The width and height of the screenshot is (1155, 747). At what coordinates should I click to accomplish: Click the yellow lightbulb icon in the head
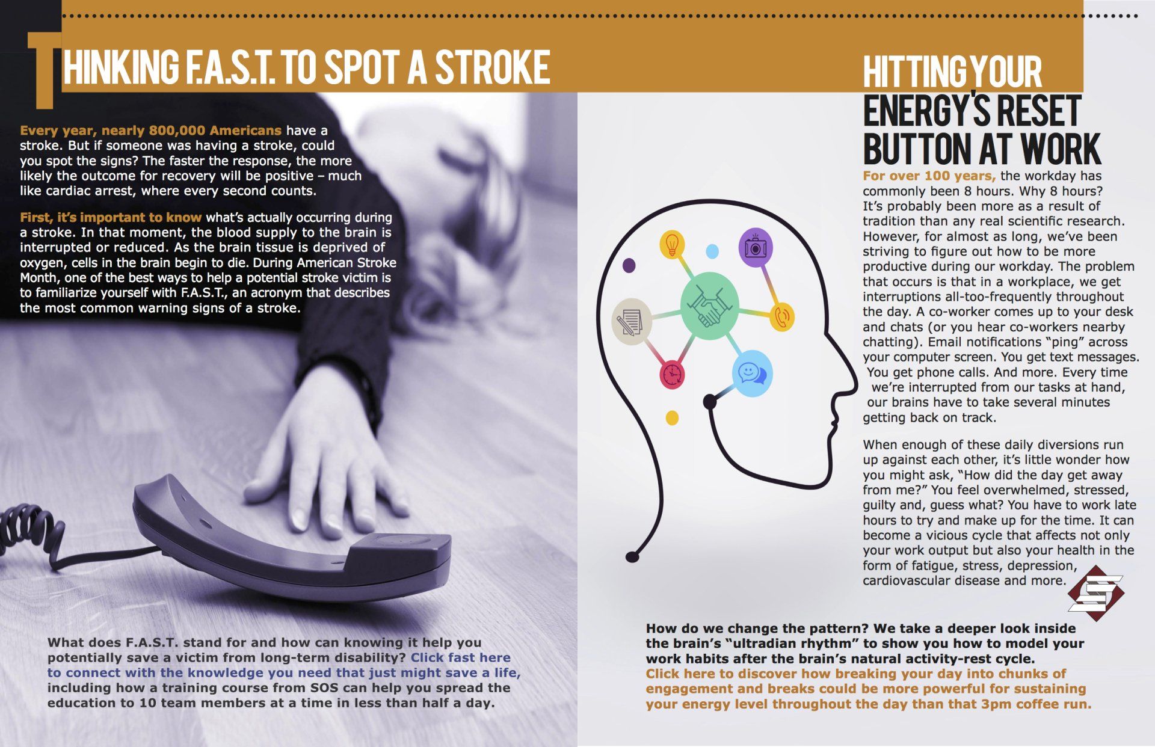673,244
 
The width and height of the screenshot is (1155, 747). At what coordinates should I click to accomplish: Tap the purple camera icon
756,247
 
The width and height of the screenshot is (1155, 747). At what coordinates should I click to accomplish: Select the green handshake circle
710,306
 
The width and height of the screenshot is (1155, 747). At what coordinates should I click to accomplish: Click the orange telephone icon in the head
782,316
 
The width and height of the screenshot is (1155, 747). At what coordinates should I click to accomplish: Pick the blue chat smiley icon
753,373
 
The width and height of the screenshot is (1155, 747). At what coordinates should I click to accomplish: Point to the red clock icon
673,373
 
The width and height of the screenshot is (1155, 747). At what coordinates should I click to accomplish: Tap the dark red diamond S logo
1096,592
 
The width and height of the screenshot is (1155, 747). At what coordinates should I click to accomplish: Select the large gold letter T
45,70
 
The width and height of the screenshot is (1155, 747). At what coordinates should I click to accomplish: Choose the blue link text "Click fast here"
460,658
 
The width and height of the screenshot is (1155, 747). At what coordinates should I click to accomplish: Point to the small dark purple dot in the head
629,265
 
